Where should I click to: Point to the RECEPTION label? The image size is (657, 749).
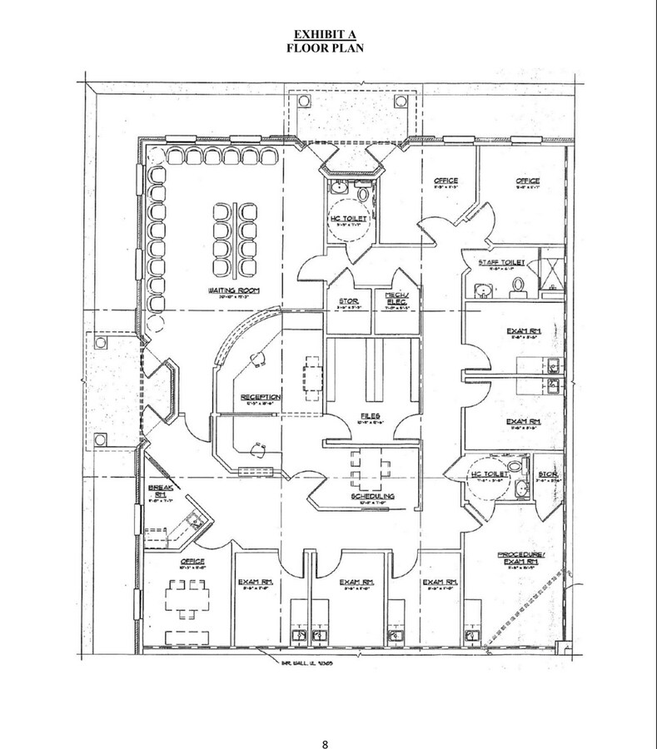click(261, 398)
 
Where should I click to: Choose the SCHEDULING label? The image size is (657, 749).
click(372, 496)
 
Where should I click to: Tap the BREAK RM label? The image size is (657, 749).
click(159, 490)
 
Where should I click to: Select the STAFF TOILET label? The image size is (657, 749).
click(501, 263)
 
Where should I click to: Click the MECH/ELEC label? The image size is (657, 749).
click(394, 298)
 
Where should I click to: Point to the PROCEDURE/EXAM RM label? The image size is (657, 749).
click(520, 558)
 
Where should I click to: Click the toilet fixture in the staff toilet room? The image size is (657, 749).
click(516, 286)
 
